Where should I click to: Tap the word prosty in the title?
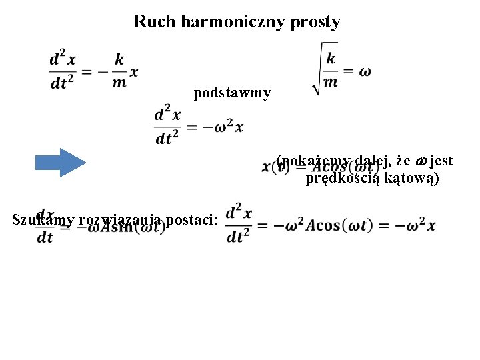tap(317, 21)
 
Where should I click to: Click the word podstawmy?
tap(232, 93)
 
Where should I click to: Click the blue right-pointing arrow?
tap(60, 162)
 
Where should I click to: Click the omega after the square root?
tap(365, 71)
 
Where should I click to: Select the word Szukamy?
tap(43, 219)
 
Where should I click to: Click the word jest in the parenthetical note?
tap(442, 161)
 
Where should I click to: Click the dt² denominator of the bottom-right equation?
tap(239, 237)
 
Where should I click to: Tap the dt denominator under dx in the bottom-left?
tap(45, 237)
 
